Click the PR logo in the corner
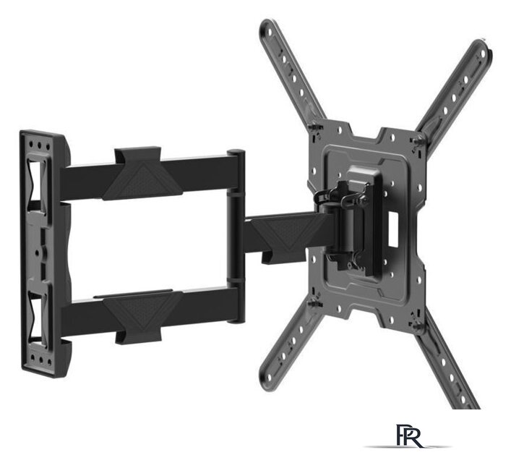(409, 436)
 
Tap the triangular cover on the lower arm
(142, 311)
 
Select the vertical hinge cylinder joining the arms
(236, 236)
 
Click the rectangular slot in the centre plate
(393, 229)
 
